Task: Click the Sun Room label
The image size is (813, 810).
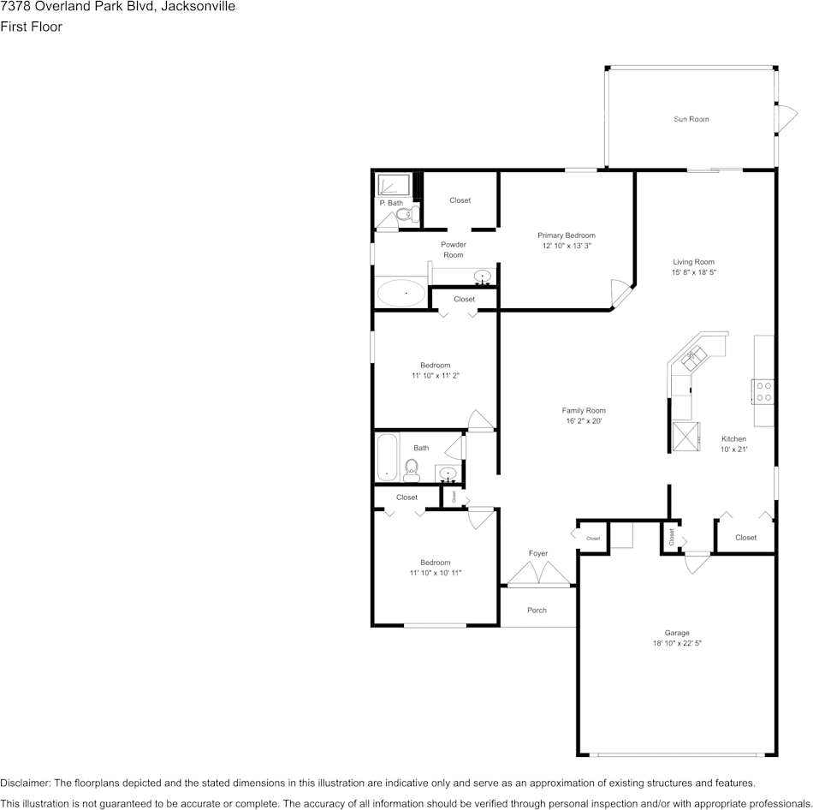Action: (691, 119)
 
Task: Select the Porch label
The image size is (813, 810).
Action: (537, 610)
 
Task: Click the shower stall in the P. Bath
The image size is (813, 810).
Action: (394, 184)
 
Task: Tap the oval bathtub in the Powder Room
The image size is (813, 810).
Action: (401, 294)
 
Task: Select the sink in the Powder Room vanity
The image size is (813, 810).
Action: (484, 277)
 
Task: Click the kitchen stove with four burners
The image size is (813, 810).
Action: (763, 390)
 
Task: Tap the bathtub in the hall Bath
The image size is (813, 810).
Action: (388, 457)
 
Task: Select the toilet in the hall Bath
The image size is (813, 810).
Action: (412, 468)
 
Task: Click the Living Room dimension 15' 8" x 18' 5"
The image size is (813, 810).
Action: (693, 272)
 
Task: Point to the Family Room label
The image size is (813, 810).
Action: (584, 410)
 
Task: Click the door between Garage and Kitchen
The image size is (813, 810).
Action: (697, 562)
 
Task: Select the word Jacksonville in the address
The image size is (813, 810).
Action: (193, 7)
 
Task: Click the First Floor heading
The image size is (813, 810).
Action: (31, 27)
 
